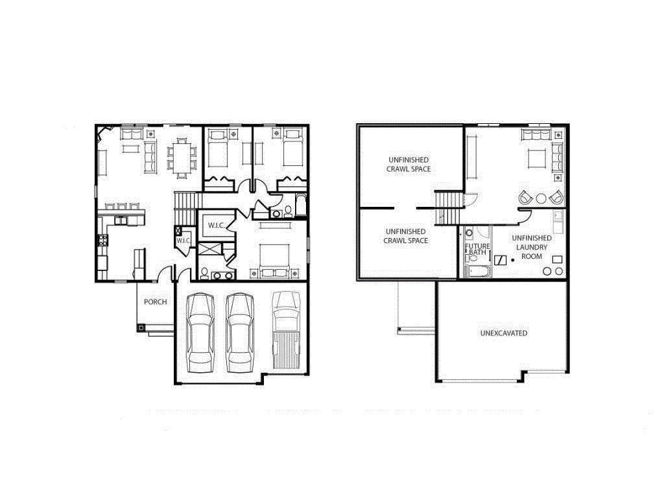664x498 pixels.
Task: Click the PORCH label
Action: pyautogui.click(x=155, y=302)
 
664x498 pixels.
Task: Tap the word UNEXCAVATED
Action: pyautogui.click(x=503, y=333)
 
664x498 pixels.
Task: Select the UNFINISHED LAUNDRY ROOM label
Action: pyautogui.click(x=532, y=247)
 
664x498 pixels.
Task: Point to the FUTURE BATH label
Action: pyautogui.click(x=477, y=249)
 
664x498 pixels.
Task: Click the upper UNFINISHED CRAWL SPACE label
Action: pyautogui.click(x=409, y=164)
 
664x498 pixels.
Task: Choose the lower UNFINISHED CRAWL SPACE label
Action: pyautogui.click(x=406, y=236)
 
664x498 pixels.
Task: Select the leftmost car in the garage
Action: pyautogui.click(x=200, y=333)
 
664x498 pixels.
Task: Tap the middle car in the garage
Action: pyautogui.click(x=239, y=333)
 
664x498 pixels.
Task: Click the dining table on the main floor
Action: pyautogui.click(x=182, y=158)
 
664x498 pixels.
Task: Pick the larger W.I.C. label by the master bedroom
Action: pyautogui.click(x=216, y=226)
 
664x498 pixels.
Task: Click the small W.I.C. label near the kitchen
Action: pyautogui.click(x=183, y=241)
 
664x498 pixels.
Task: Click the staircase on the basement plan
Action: pyautogui.click(x=448, y=208)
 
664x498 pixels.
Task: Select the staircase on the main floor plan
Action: pyautogui.click(x=187, y=208)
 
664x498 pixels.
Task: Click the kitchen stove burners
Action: pyautogui.click(x=103, y=241)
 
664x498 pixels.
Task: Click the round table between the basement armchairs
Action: pyautogui.click(x=541, y=198)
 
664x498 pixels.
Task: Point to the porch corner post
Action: pyautogui.click(x=141, y=327)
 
